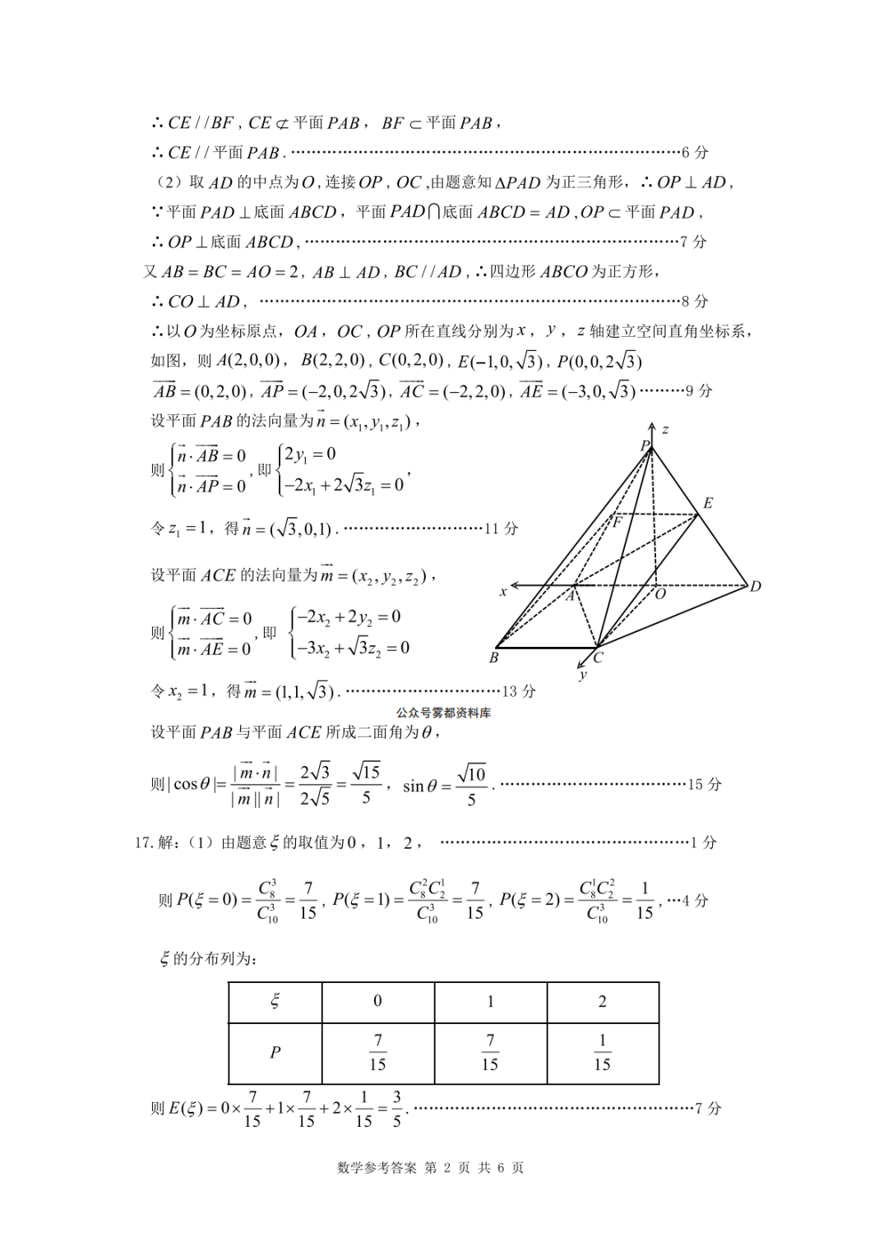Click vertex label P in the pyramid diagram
[x=645, y=445]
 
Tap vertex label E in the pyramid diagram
[x=707, y=503]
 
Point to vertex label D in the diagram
[x=755, y=586]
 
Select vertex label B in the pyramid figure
[x=493, y=657]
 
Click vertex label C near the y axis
[x=598, y=657]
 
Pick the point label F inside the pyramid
[x=617, y=521]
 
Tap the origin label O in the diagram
[x=659, y=594]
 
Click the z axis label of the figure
[x=665, y=429]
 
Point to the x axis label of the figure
[x=503, y=591]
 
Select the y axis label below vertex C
[x=583, y=675]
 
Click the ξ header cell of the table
[x=275, y=1001]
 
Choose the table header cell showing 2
[x=602, y=1001]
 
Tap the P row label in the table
[x=275, y=1053]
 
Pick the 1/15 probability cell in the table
[x=602, y=1053]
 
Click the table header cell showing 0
[x=377, y=1001]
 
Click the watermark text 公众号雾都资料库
[x=443, y=713]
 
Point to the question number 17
[x=144, y=842]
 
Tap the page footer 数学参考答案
[x=377, y=1168]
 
